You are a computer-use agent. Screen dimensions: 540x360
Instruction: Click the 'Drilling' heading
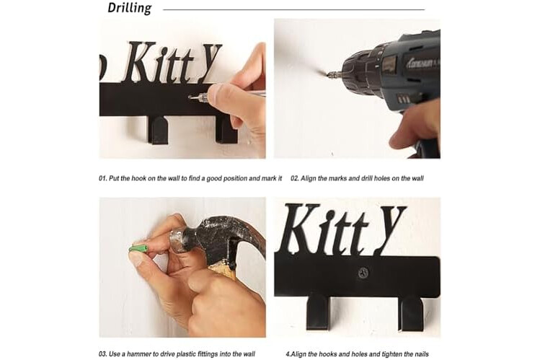[130, 8]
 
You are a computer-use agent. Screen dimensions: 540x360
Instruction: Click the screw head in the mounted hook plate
[363, 273]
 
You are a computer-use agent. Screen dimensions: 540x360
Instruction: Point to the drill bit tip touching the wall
[325, 72]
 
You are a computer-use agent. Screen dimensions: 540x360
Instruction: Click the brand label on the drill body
[421, 63]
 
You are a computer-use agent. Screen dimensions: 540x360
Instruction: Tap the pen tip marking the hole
[191, 98]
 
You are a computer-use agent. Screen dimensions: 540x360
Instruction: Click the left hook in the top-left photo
[158, 130]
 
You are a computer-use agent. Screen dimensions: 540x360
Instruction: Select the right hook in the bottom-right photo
[411, 314]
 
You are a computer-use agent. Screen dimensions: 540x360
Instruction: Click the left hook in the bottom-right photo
[317, 312]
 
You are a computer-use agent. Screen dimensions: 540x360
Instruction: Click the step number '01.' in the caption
[102, 178]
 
